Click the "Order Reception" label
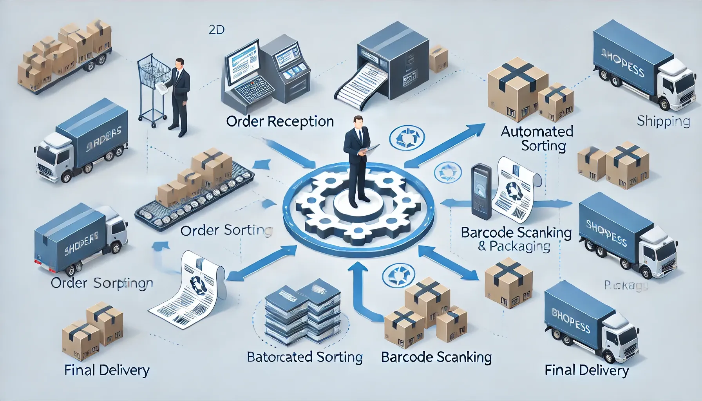[x=280, y=122]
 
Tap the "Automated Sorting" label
[x=537, y=138]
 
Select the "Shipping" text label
[x=663, y=121]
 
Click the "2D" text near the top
[x=216, y=30]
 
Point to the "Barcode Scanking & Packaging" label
[x=516, y=239]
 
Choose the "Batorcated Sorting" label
[x=305, y=357]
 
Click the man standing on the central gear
[x=357, y=161]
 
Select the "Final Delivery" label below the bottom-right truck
[x=586, y=370]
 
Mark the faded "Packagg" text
[x=626, y=286]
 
